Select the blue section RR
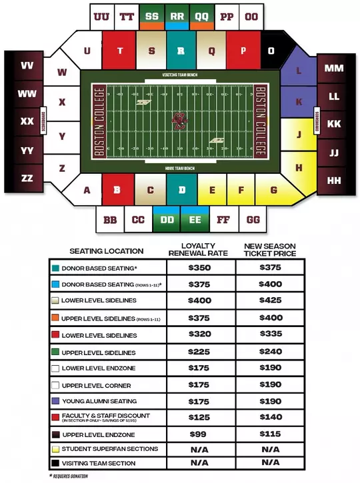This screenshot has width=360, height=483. click(x=177, y=16)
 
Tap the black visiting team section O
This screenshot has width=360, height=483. click(x=271, y=50)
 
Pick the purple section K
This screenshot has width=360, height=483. click(x=299, y=102)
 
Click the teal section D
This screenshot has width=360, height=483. click(x=181, y=189)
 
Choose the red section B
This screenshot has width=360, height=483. click(x=117, y=189)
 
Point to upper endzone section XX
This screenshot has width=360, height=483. click(x=27, y=121)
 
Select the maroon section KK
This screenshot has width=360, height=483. click(x=334, y=124)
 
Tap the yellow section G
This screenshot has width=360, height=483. click(x=273, y=190)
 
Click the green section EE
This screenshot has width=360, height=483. click(x=195, y=219)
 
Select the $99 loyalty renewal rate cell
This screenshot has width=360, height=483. click(x=199, y=434)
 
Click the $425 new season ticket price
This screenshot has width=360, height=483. click(x=270, y=300)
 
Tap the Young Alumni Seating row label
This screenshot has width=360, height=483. click(x=99, y=401)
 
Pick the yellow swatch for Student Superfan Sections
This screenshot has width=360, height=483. click(x=55, y=448)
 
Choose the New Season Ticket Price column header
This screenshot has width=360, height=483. click(x=270, y=250)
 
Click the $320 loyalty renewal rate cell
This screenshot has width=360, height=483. click(x=199, y=334)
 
